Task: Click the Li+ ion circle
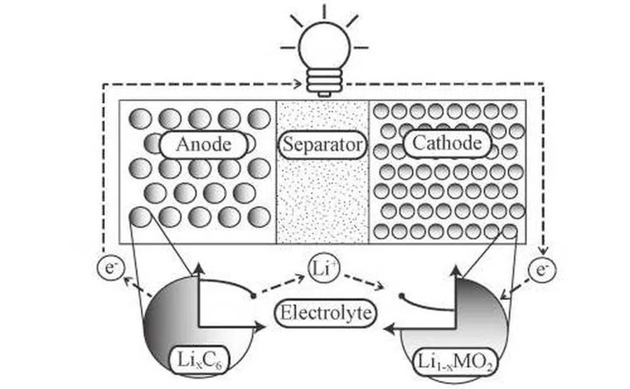pos(320,266)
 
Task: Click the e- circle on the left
pos(105,268)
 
